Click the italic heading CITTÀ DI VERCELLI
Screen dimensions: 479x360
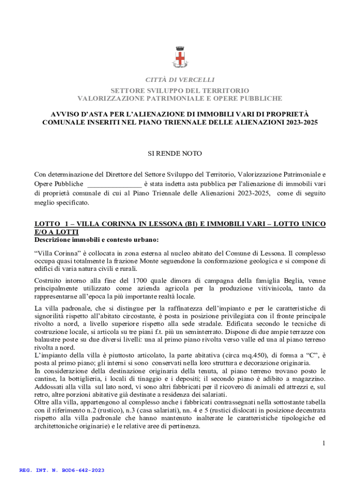[x=180, y=80]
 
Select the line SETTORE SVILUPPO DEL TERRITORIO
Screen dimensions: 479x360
[x=180, y=90]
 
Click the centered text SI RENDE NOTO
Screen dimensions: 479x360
[x=180, y=153]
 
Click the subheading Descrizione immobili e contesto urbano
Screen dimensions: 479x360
[x=97, y=240]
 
